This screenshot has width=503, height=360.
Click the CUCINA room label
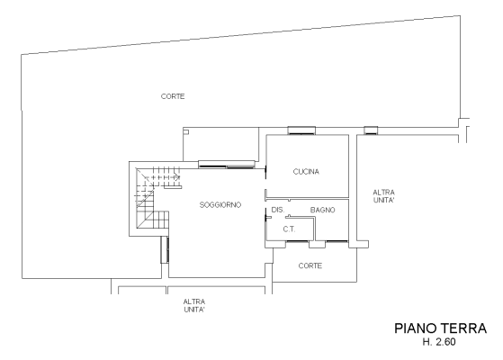tap(306, 172)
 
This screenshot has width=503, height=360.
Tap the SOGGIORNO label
tap(220, 204)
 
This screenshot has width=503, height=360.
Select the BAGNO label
tap(322, 210)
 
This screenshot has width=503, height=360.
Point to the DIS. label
tap(278, 210)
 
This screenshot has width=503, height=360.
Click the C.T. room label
tap(289, 229)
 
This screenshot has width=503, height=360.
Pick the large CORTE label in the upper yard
tap(173, 96)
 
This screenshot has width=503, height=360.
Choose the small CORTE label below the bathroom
tap(310, 265)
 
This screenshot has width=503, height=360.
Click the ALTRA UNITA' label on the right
tap(383, 196)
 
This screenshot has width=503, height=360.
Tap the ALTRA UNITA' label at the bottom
tap(194, 305)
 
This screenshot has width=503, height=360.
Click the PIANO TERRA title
tap(440, 328)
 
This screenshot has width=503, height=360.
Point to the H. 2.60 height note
tap(439, 342)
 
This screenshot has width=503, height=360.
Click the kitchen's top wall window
tap(301, 130)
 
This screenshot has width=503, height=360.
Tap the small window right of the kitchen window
tap(371, 130)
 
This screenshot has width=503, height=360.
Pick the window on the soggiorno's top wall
tap(227, 165)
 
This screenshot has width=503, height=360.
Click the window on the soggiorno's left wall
tap(165, 249)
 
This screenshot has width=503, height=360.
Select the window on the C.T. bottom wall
tap(297, 240)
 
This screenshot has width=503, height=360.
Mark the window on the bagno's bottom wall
tap(337, 240)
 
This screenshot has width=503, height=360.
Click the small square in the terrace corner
tap(186, 132)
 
